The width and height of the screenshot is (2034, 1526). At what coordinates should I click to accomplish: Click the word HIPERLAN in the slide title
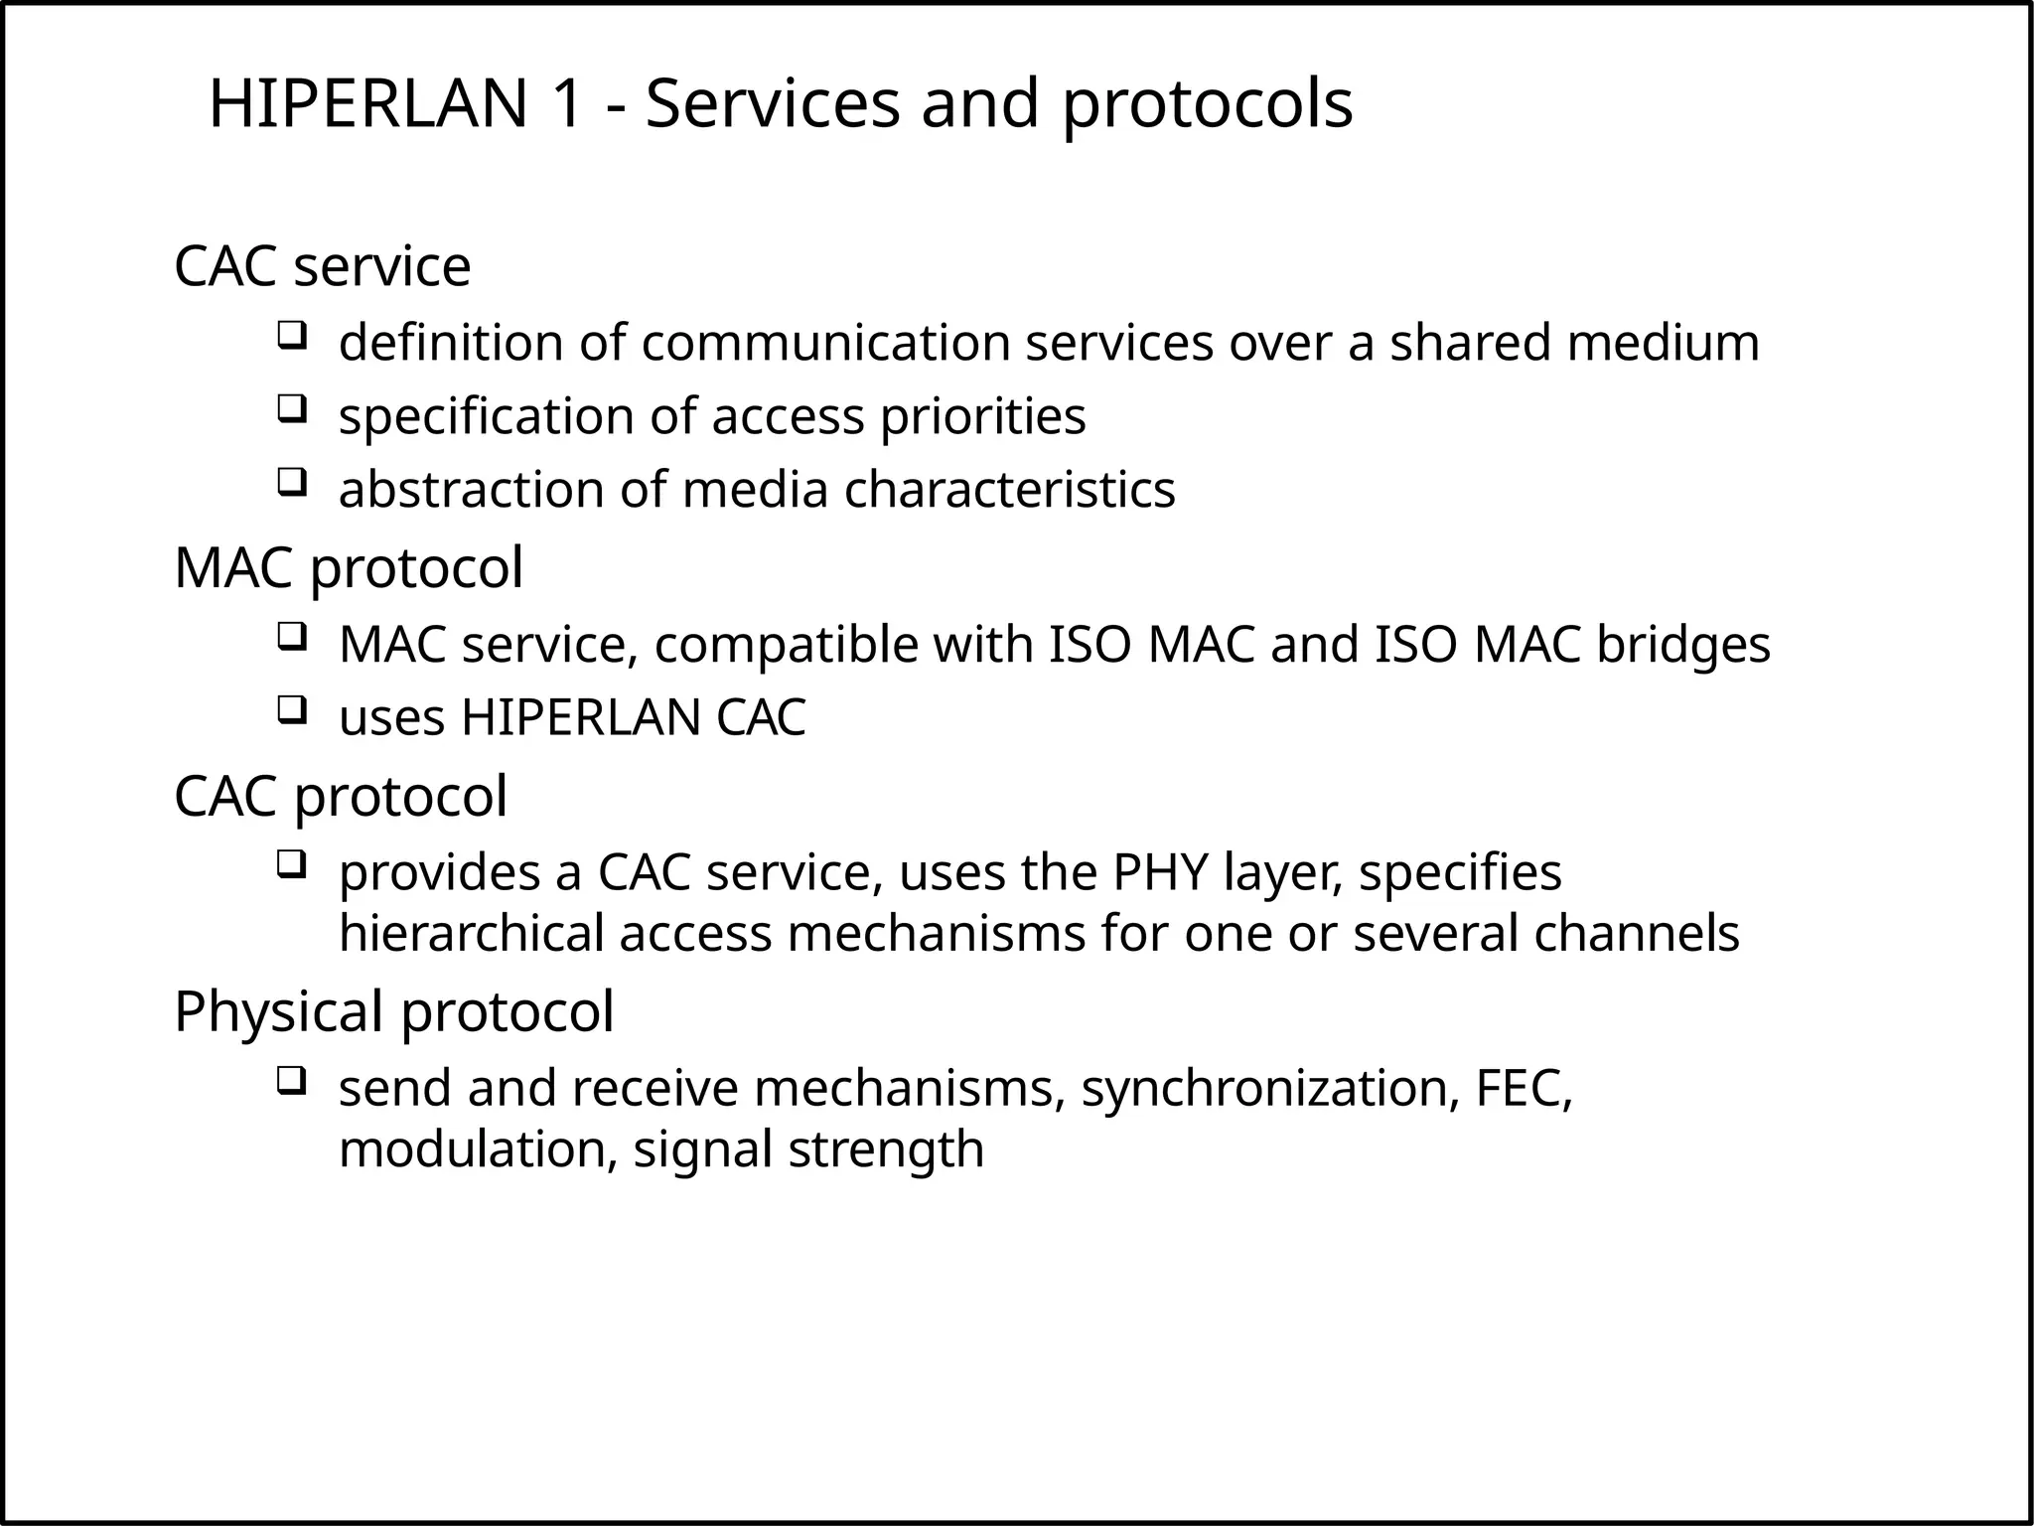pos(367,103)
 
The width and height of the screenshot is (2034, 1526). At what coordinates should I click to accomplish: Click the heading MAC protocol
pos(348,568)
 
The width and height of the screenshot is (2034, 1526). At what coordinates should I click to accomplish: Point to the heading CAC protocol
pos(340,796)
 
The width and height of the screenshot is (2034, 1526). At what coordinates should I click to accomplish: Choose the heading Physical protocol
pos(393,1011)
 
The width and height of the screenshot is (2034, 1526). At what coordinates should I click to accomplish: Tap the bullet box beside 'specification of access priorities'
pos(290,407)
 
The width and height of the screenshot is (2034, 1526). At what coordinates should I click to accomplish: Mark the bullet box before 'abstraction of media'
pos(290,482)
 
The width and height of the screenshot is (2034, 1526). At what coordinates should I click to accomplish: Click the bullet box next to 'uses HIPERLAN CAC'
pos(290,709)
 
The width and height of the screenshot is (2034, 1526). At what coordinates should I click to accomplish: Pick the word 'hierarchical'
pos(471,934)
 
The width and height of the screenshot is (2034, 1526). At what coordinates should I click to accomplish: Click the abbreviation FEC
pos(1521,1088)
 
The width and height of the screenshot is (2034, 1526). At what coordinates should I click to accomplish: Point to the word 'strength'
pos(886,1149)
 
